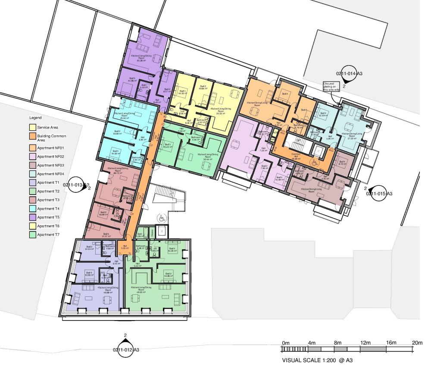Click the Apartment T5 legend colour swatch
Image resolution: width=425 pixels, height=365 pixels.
[32, 217]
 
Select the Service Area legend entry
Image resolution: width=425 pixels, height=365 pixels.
[47, 127]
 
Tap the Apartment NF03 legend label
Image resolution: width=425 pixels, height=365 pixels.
[50, 165]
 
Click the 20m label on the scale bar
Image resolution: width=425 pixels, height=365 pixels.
[416, 343]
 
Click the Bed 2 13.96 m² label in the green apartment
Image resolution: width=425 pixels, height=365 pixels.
[168, 275]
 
